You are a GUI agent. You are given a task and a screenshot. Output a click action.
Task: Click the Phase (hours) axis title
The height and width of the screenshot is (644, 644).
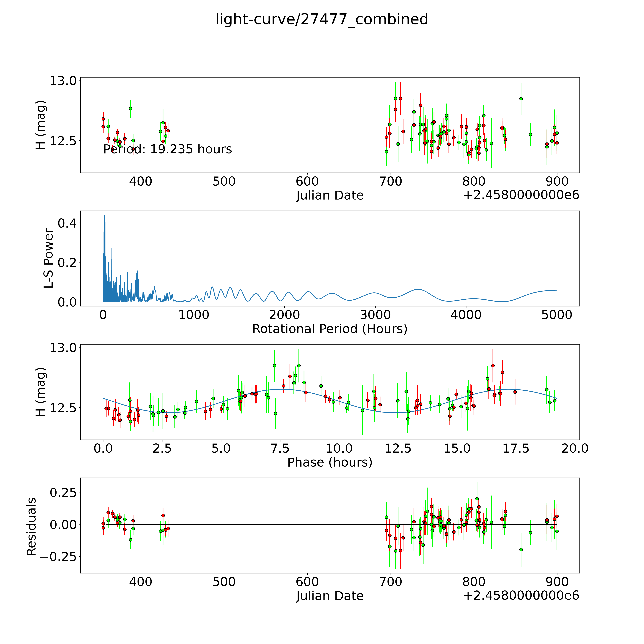[330, 462]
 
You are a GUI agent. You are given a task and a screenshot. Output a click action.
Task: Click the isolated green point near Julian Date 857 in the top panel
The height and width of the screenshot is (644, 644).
[521, 99]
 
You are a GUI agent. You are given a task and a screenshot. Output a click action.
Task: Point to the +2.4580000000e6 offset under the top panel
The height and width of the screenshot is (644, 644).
[521, 195]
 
